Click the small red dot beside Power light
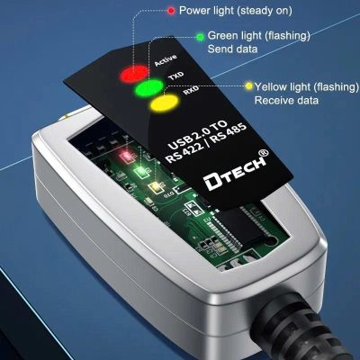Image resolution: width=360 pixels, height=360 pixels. point(171,11)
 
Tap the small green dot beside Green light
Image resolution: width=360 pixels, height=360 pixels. point(200,37)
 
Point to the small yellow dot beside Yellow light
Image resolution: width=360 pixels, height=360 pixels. point(248,86)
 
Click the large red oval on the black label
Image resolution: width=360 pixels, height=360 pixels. point(134,72)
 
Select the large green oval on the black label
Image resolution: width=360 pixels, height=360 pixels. point(149,87)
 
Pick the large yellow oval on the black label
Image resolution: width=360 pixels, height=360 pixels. point(164,102)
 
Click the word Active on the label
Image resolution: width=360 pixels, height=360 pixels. point(166,60)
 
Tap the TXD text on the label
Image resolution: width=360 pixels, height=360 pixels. point(175,76)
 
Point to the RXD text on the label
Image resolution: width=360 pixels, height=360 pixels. point(191,90)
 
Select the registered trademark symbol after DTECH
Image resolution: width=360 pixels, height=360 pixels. point(264,153)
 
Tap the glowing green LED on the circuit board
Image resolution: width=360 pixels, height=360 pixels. point(140,171)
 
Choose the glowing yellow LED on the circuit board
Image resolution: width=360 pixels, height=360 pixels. point(156,186)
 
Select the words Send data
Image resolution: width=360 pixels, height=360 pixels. point(232,49)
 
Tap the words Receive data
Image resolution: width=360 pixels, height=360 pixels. point(286,100)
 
